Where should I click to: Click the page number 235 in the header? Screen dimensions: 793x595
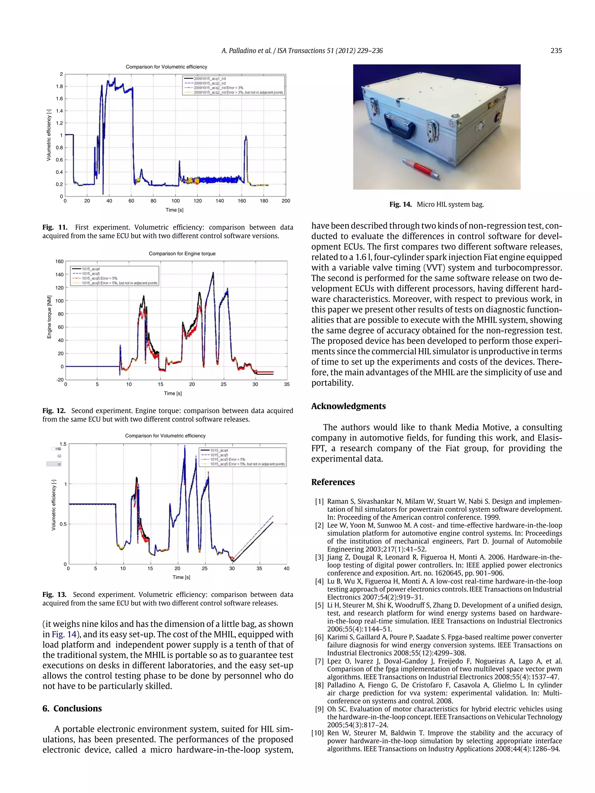555,51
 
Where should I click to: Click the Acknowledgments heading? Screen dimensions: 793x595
348,406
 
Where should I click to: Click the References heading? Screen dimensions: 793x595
333,482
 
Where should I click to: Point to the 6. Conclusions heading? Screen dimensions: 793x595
72,709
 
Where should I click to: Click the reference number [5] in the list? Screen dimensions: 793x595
319,605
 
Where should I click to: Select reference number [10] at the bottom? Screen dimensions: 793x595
318,733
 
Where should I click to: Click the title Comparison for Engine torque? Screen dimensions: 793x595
182,253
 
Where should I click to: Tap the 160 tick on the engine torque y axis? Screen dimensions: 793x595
60,261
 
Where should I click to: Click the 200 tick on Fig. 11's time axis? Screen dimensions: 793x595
286,201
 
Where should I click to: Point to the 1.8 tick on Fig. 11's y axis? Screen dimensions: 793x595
59,87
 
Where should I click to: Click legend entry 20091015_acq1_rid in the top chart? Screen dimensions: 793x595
209,78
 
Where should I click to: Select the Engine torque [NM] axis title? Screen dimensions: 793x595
49,317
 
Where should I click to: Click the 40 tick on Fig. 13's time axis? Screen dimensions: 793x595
286,568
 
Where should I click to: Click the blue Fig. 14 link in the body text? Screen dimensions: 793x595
64,634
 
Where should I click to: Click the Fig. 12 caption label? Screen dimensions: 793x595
54,411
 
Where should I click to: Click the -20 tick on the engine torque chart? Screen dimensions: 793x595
60,380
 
